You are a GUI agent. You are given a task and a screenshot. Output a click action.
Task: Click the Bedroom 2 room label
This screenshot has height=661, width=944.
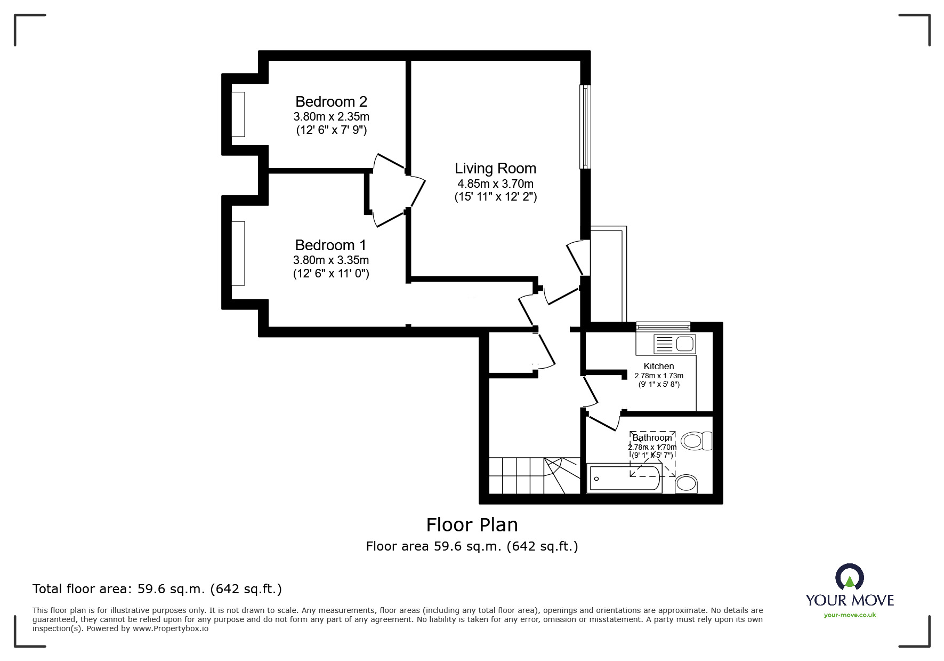point(331,101)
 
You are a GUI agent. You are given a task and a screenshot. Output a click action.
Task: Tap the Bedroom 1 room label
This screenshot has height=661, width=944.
point(330,245)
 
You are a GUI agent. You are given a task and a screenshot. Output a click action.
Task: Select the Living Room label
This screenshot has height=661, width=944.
point(495,169)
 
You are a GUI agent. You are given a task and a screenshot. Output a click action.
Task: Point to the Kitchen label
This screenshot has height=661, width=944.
point(659,366)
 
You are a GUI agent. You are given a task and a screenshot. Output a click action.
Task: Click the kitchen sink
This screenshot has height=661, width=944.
point(674,344)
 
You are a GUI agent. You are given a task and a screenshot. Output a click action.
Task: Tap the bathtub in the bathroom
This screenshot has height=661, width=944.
point(624,478)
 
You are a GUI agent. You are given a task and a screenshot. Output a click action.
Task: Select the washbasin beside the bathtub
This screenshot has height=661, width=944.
point(686,484)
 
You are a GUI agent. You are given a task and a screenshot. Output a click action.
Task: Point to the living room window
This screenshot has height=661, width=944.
point(585,126)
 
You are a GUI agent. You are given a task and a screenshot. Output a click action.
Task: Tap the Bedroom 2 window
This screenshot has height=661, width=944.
point(238,114)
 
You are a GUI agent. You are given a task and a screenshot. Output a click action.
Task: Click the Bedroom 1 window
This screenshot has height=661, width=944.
point(238,253)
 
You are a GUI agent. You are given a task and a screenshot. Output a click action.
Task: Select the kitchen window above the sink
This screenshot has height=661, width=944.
point(664,326)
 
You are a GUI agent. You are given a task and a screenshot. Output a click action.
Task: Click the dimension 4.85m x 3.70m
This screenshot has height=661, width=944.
point(495,184)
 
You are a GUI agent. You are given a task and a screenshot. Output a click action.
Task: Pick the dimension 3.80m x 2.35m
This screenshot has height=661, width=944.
point(331,116)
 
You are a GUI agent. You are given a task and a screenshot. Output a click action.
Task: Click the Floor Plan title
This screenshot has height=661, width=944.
point(472,525)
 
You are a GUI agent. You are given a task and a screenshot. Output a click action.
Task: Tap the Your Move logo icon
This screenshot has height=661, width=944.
point(849,577)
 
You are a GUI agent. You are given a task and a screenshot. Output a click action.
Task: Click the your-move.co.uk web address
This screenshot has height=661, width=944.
point(850,615)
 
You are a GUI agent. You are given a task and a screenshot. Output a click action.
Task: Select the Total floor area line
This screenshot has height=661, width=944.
point(157,589)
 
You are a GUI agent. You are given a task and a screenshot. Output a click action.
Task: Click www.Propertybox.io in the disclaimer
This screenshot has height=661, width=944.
point(171,628)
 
